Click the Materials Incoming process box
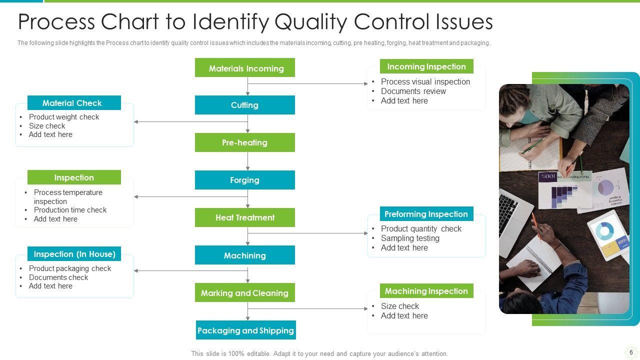(x=245, y=68)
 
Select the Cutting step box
(x=245, y=105)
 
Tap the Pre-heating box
(x=245, y=142)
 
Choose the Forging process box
(x=245, y=180)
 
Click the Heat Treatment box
(x=245, y=217)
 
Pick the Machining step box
(x=245, y=255)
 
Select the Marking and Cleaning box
(x=245, y=293)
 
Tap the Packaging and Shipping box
(x=245, y=330)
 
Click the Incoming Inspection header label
(x=426, y=66)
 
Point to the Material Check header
(x=73, y=103)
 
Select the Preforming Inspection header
(x=426, y=214)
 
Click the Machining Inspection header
(x=426, y=291)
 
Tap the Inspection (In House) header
(x=74, y=254)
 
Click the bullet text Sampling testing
(x=410, y=238)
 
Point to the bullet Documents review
(x=413, y=91)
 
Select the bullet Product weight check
(x=64, y=117)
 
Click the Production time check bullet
(x=70, y=210)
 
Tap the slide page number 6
(x=631, y=352)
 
